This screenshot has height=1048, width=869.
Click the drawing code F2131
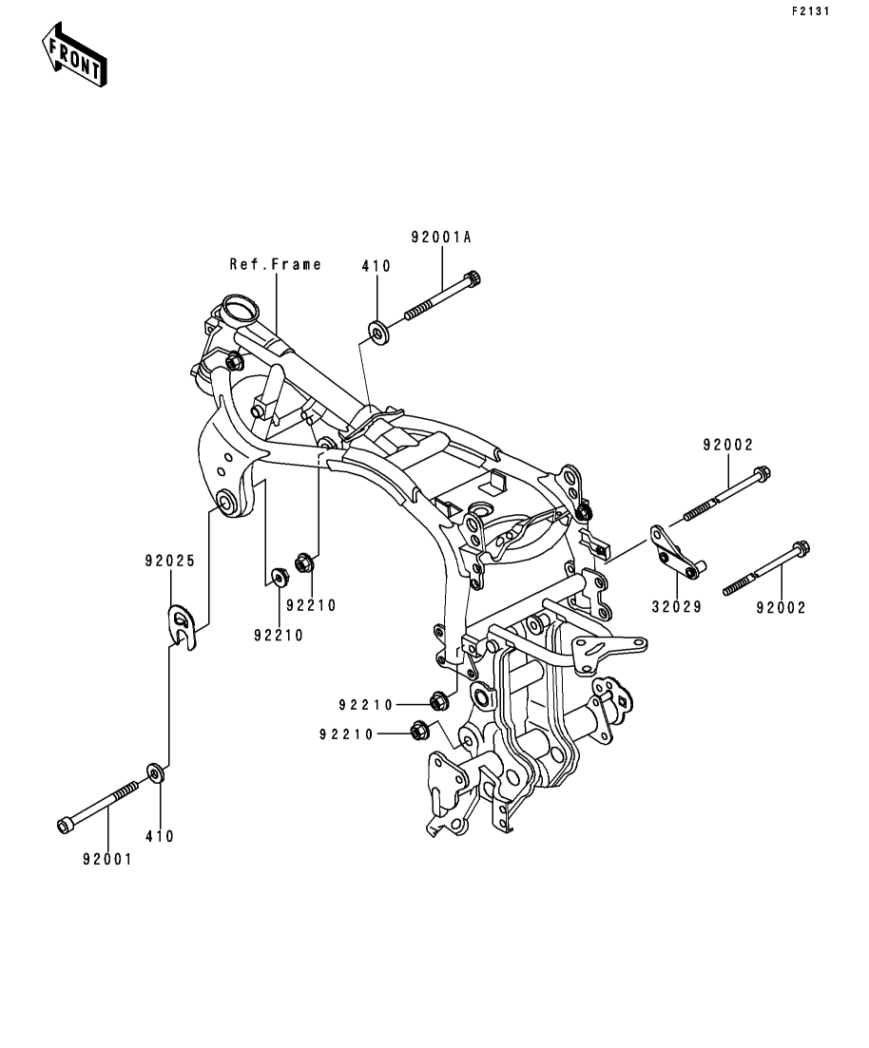point(810,11)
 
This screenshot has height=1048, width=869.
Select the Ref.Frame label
point(276,264)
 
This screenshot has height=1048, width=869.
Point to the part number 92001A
point(441,238)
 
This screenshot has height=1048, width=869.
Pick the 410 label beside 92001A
point(376,266)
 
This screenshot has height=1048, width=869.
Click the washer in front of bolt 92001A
point(379,333)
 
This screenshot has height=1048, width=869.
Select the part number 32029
point(677,606)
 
